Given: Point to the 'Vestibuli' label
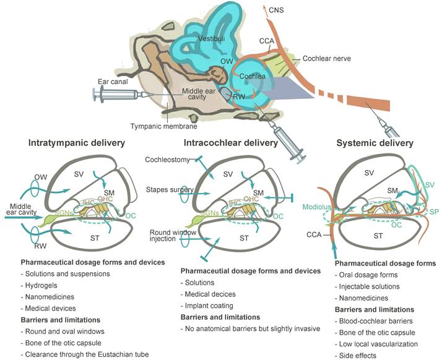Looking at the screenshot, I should point(209,38).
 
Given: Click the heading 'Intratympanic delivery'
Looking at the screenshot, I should point(77,144).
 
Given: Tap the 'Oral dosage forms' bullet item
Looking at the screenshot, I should point(368,275).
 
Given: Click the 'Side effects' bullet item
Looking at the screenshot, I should point(357,355).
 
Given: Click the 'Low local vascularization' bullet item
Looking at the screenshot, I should point(379,344).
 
